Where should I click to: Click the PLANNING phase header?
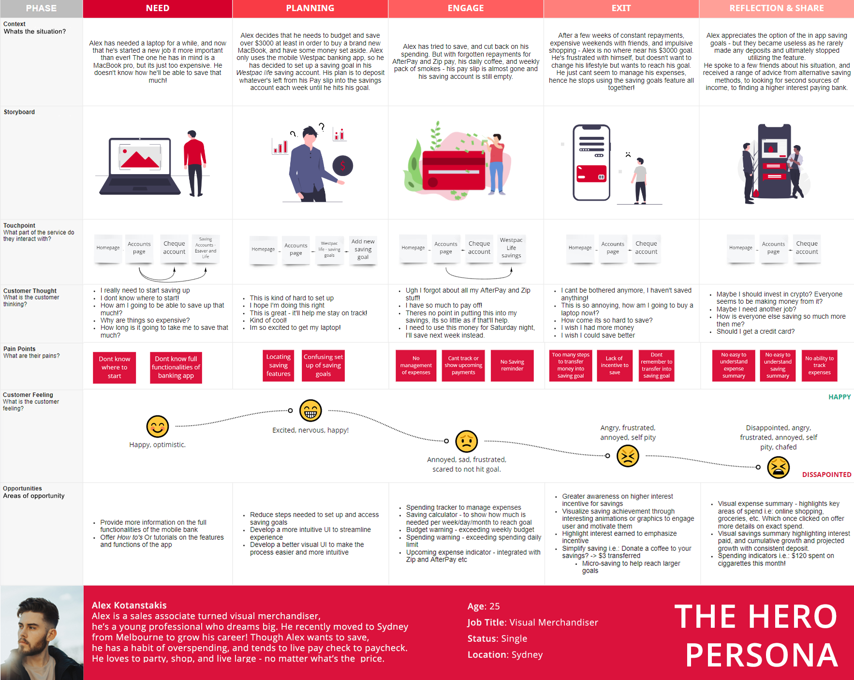pos(310,8)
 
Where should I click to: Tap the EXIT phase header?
pos(621,8)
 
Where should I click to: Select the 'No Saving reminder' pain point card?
pos(512,365)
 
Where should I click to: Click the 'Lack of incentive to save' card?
pos(615,365)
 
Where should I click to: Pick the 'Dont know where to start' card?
pos(114,367)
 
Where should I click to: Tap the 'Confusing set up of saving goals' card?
pos(323,365)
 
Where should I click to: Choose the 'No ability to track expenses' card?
pos(819,365)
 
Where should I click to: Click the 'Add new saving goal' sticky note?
pos(363,250)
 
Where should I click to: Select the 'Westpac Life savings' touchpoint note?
pos(511,248)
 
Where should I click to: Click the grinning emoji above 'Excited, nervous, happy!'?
pos(310,411)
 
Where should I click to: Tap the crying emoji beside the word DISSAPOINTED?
pos(778,467)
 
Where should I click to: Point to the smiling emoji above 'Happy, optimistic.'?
pos(158,427)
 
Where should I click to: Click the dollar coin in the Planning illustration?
pos(342,166)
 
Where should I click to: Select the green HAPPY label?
pos(839,397)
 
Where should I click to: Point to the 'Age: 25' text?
pos(484,606)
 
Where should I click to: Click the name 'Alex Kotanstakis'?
pos(129,605)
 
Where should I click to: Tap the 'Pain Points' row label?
pos(19,349)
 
